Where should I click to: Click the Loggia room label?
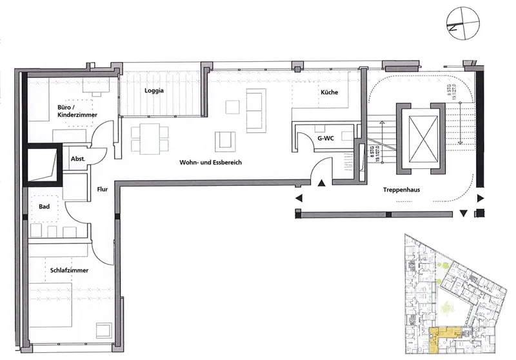point(154,91)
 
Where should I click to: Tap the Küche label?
point(330,93)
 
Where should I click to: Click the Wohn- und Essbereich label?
point(210,164)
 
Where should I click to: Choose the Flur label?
point(103,190)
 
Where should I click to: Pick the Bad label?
point(45,208)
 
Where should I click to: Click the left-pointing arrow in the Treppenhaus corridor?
point(299,199)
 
